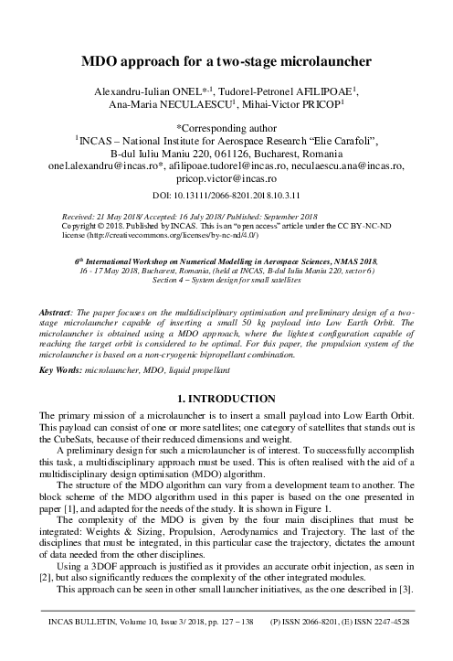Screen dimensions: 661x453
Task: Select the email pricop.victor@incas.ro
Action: point(226,182)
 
